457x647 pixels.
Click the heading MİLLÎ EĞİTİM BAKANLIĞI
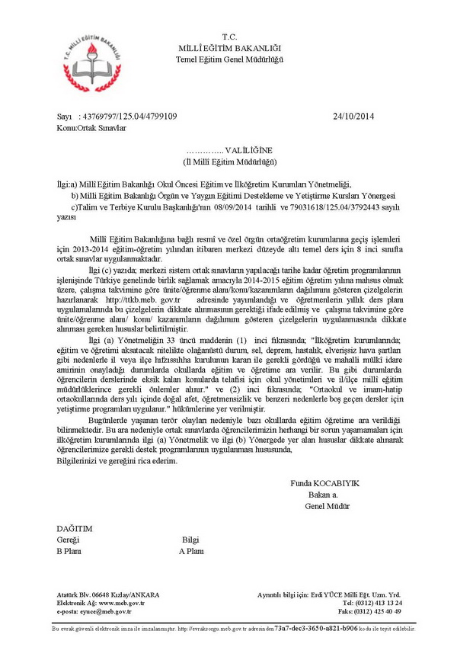[229, 48]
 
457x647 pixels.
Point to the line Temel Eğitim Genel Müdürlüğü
[229, 59]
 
